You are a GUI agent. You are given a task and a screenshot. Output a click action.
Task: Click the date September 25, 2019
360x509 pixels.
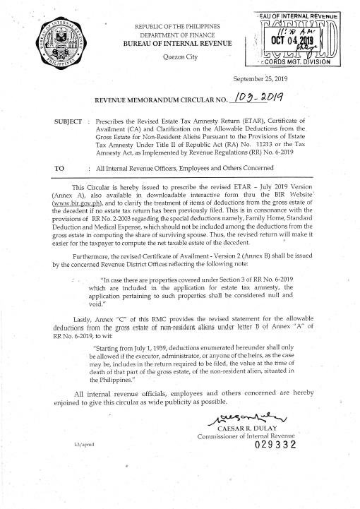pos(267,80)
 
